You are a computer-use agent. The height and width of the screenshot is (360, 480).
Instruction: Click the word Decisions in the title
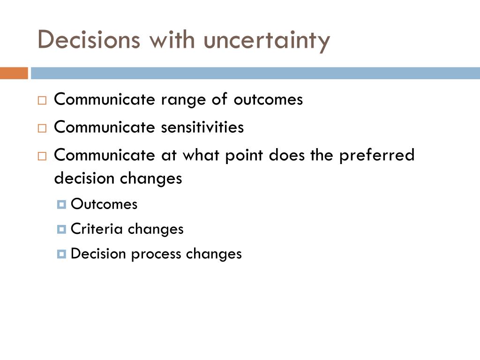point(89,39)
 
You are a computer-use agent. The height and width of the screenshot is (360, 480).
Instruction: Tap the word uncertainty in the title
point(267,41)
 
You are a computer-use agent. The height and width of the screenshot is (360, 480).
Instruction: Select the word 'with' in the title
point(172,39)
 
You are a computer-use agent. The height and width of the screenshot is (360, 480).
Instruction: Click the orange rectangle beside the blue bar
point(14,73)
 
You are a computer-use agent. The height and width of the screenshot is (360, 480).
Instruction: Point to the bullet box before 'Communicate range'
point(42,100)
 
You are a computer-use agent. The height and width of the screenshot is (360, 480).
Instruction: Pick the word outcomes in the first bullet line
point(268,99)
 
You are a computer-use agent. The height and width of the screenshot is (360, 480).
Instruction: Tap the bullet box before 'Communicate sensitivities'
point(42,128)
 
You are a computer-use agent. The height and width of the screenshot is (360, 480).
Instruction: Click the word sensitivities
point(202,127)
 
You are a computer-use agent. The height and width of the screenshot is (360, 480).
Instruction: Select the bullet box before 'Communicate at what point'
point(42,156)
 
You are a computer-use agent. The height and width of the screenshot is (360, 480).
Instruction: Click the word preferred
point(377,156)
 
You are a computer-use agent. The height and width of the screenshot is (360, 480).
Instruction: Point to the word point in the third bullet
point(244,156)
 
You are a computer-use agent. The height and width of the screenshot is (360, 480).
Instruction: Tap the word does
point(287,155)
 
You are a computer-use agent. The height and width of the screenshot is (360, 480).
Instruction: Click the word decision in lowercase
point(84,178)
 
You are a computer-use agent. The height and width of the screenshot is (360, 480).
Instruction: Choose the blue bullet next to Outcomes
point(61,204)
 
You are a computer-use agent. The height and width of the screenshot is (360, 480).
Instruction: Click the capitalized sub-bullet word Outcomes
point(104,204)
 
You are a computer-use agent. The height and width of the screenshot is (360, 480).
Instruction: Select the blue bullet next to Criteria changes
point(61,229)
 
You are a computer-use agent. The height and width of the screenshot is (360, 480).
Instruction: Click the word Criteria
point(97,229)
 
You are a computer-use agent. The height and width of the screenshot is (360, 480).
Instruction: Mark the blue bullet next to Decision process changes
point(61,254)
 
